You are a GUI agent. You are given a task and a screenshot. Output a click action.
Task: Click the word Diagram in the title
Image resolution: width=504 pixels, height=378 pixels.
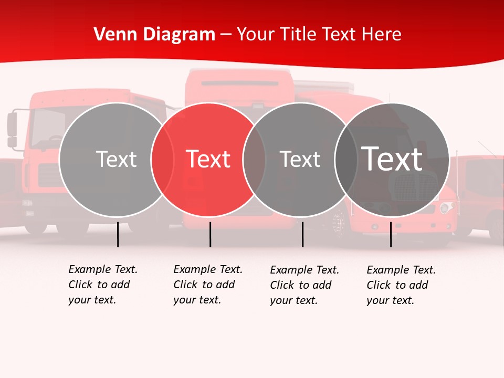pos(178,34)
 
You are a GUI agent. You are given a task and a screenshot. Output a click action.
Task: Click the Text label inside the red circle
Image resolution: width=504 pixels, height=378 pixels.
pos(208,159)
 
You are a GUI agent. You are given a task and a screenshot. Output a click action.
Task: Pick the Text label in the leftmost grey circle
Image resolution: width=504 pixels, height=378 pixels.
pos(116,159)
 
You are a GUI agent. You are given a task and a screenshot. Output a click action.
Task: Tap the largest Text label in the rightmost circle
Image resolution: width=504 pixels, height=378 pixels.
pos(392,159)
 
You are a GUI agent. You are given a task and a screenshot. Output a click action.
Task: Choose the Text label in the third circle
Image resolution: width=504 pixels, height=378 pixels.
pos(300,159)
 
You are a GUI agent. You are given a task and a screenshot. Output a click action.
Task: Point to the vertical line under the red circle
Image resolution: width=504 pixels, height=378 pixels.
pos(210,234)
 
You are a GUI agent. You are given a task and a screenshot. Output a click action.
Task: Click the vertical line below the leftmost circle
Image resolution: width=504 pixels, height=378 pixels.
pos(118,234)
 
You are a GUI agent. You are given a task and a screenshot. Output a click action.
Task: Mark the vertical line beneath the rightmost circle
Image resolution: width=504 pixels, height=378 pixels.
pos(391,234)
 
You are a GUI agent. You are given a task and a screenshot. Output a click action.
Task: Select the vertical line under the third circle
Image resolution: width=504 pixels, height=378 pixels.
pos(302,234)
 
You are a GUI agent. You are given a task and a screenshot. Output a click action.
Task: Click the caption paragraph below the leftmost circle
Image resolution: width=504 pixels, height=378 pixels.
pos(102,285)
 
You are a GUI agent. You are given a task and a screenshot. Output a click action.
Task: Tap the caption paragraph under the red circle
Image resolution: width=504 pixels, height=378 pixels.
pos(207,285)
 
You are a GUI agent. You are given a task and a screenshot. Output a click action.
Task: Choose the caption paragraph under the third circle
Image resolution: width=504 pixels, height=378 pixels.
pos(304,285)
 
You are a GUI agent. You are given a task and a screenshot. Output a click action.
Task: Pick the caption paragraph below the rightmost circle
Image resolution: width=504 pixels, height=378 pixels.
pos(401,285)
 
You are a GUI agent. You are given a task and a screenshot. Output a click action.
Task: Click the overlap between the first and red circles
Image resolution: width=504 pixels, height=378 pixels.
pos(162,160)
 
